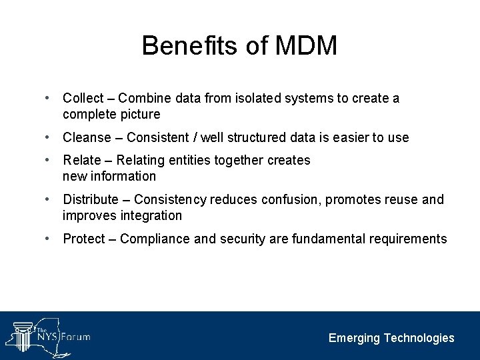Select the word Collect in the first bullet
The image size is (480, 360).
pos(85,99)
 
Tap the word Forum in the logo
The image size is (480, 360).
pos(76,337)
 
